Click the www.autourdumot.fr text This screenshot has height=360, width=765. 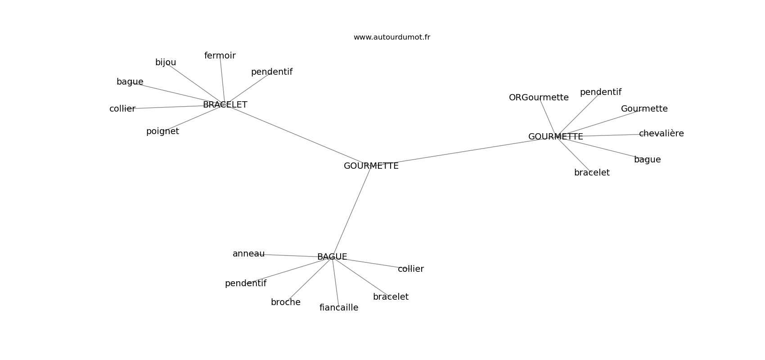pos(391,37)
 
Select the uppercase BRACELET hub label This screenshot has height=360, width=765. pos(225,104)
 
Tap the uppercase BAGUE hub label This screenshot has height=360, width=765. pos(332,256)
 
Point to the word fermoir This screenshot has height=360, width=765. pos(220,55)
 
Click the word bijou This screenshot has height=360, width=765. pos(166,63)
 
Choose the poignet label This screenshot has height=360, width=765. pos(162,131)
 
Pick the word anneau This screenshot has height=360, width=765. pos(248,254)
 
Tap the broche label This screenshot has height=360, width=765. pos(286,302)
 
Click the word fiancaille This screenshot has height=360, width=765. pos(339,307)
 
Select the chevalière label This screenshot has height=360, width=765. pos(661,133)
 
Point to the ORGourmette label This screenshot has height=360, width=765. pos(539,97)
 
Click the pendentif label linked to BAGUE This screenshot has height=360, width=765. pos(246,283)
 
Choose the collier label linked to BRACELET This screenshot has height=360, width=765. pos(122,108)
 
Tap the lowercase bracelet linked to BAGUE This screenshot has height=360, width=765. pos(391,297)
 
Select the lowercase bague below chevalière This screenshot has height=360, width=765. pos(648,160)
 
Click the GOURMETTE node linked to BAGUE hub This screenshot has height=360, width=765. pos(371,166)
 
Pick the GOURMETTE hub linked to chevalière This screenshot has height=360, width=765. pos(556,137)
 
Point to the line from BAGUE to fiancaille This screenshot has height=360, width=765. pos(335,282)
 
